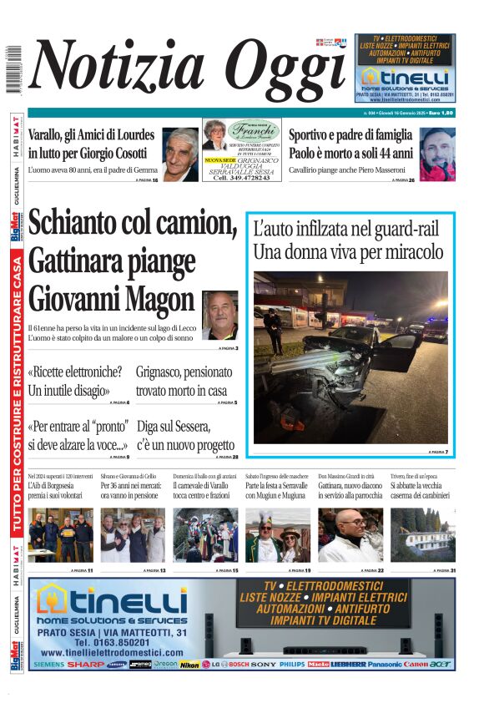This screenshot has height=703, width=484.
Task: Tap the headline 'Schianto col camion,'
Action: pos(132,223)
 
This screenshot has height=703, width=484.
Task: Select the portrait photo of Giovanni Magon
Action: pos(219,314)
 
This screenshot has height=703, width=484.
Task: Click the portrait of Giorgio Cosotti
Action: pos(180,154)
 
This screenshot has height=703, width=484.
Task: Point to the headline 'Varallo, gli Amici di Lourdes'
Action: pos(91,135)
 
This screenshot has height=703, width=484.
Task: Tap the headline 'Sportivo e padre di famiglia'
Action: pos(350,135)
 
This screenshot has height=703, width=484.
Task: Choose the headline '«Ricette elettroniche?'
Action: pos(75,372)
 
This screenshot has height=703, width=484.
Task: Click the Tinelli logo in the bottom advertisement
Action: pos(113,601)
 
